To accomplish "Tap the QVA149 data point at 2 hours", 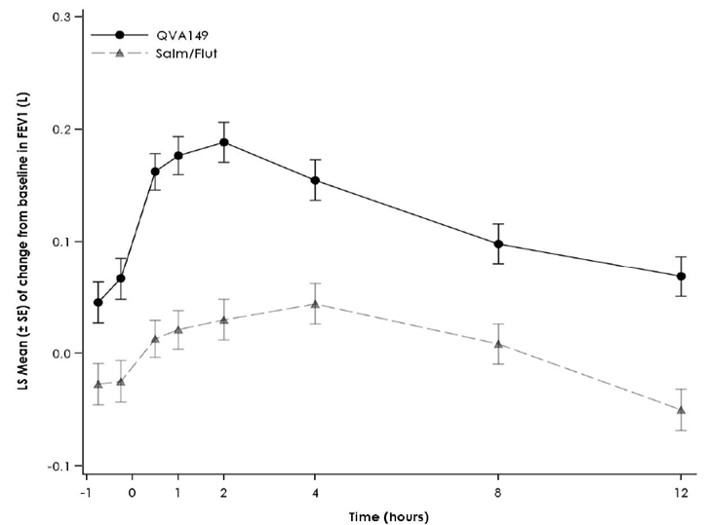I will pos(224,142).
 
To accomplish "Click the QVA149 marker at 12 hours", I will pos(681,277).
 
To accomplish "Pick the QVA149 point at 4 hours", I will pos(315,180).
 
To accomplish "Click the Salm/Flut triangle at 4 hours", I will pos(315,304).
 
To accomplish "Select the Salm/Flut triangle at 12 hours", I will pos(681,410).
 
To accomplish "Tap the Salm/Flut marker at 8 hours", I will pos(498,344).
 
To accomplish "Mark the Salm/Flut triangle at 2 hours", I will pos(224,320).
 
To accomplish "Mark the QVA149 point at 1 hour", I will pos(178,156).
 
